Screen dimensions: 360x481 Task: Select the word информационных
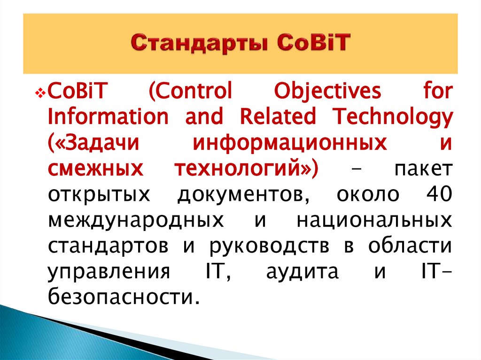290,144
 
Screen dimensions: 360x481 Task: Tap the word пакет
424,169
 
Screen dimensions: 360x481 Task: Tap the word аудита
302,272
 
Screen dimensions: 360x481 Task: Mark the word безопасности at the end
120,298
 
